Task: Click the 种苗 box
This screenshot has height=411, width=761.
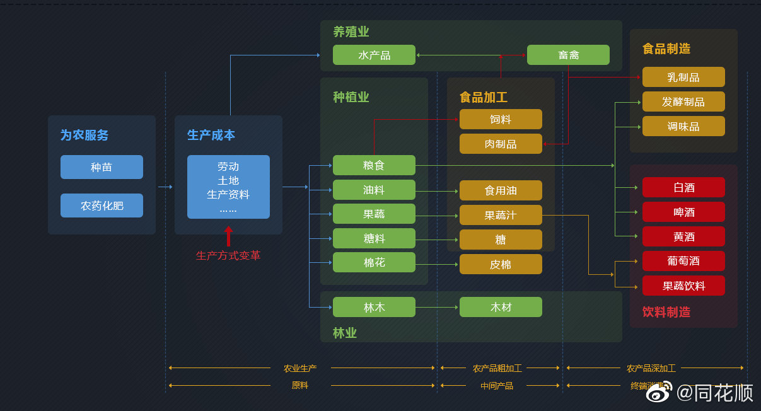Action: (x=102, y=167)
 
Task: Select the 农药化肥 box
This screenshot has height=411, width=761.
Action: (x=102, y=205)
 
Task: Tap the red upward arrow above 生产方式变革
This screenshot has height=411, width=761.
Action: (x=228, y=236)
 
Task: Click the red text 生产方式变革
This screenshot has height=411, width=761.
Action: (x=228, y=255)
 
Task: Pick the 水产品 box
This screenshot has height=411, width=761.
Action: (x=374, y=55)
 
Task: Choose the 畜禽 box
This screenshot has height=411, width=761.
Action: (x=568, y=55)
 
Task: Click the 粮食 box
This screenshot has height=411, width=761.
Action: (x=374, y=165)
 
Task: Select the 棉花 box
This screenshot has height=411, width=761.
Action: (x=374, y=262)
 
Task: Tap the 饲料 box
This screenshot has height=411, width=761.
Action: (x=501, y=119)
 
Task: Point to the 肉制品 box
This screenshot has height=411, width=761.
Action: (x=501, y=144)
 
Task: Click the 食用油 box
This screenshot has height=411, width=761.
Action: (x=501, y=190)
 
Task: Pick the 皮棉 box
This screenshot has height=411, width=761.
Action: (x=501, y=264)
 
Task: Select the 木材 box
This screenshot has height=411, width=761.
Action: (x=501, y=307)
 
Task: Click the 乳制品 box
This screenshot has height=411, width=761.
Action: (x=683, y=77)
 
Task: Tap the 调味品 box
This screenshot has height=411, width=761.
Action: (x=683, y=126)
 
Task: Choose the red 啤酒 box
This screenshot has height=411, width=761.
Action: (x=683, y=212)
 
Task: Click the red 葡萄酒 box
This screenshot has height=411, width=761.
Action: (x=683, y=261)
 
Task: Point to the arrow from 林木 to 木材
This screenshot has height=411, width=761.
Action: (x=437, y=307)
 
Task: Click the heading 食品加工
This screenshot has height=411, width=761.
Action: (x=484, y=97)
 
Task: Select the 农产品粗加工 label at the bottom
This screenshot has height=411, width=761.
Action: (x=497, y=368)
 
